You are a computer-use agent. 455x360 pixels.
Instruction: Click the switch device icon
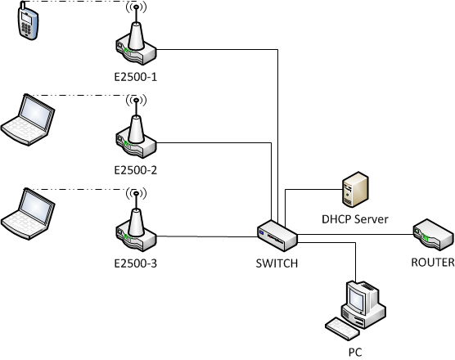[277, 236]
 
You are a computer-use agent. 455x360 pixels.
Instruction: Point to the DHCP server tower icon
[355, 190]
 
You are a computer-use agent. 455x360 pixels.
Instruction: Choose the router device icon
[433, 235]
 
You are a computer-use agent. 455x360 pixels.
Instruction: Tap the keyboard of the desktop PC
[342, 328]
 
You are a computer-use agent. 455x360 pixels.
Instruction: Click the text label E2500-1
[136, 77]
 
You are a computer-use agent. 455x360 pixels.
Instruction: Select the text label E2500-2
[136, 170]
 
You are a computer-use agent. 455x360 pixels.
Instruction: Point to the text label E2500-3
[136, 263]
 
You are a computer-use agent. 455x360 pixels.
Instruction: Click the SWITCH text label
[277, 263]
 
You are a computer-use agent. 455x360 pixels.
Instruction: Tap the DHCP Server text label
[355, 219]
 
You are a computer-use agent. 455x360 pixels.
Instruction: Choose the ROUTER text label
[433, 263]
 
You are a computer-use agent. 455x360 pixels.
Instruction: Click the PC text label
[355, 353]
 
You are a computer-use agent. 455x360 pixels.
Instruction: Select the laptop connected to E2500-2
[28, 119]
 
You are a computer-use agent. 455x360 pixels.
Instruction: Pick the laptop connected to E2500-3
[28, 214]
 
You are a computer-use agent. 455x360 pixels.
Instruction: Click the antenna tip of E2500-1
[136, 6]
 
